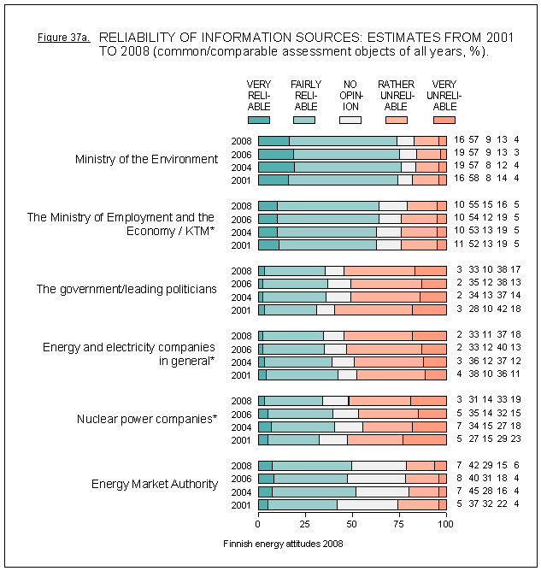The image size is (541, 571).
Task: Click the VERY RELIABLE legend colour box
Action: [258, 120]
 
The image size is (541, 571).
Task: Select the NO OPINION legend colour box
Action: [350, 120]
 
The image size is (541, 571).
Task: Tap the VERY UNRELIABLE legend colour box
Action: [444, 120]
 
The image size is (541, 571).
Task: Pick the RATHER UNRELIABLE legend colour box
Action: [397, 120]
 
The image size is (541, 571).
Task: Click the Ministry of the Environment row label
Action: [146, 159]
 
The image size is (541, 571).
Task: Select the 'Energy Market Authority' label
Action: [154, 485]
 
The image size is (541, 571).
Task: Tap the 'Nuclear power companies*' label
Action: [146, 419]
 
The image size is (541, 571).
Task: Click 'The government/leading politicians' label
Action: [126, 289]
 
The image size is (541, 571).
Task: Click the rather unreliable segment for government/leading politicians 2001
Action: [373, 309]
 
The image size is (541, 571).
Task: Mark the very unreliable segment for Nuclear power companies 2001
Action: [424, 439]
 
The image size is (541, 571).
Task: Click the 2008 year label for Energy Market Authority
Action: [241, 466]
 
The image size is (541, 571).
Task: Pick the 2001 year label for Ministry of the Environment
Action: [241, 180]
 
